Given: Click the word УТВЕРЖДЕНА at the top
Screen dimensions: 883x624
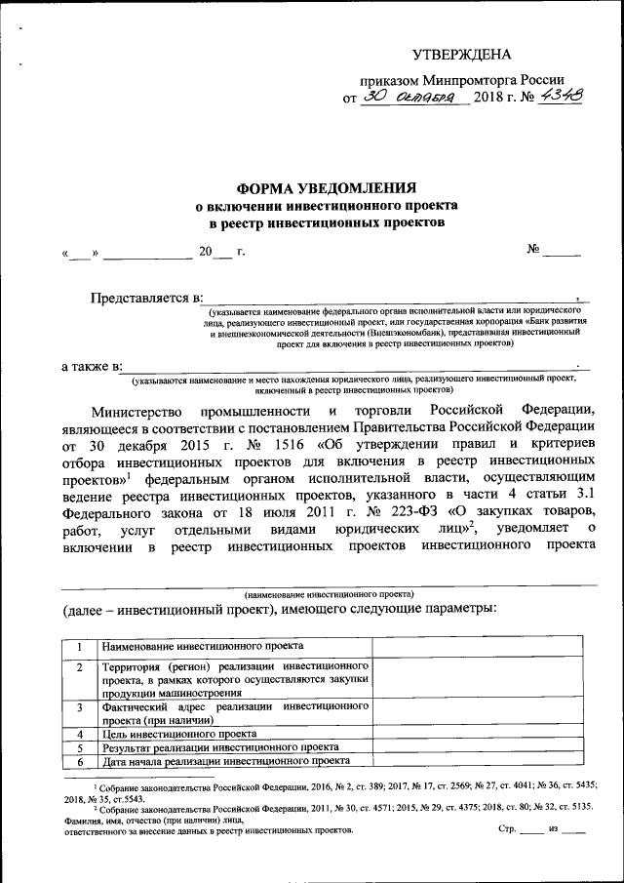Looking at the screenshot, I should coord(461,54).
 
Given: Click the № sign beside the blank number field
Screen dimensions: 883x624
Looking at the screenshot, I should coord(534,250).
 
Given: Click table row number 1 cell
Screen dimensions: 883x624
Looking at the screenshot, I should coord(79,646).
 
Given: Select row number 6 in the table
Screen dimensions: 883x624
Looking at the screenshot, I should coord(79,762).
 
